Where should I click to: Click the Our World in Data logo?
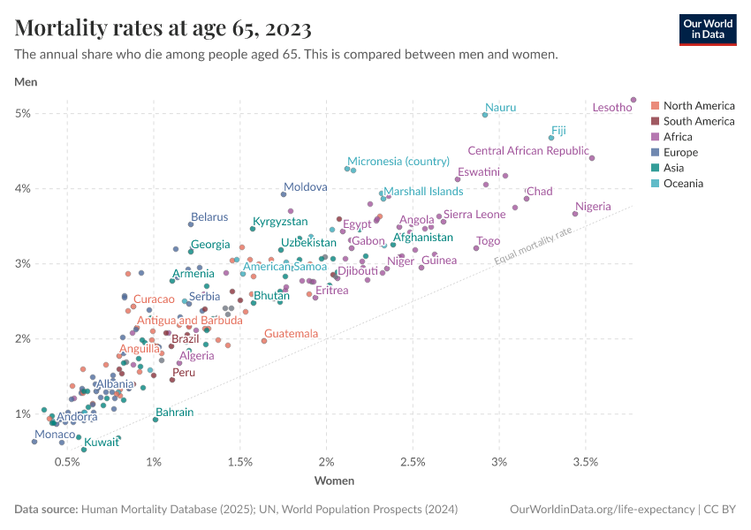(707, 29)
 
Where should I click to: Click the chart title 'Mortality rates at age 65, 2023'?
(163, 29)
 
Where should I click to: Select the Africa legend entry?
(679, 137)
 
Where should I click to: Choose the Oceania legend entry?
(684, 184)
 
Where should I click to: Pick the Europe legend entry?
(680, 153)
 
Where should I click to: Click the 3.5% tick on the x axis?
(585, 462)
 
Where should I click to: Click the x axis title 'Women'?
(334, 481)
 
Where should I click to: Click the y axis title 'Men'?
(26, 82)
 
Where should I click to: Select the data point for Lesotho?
(633, 100)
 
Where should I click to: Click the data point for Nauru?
(485, 115)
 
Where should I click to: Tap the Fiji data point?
(551, 138)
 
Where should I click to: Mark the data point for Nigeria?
(575, 214)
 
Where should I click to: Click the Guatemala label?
(291, 334)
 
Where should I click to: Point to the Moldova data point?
(284, 194)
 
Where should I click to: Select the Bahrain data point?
(156, 419)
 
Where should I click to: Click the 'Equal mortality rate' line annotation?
(533, 245)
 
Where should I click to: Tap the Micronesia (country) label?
(398, 162)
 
